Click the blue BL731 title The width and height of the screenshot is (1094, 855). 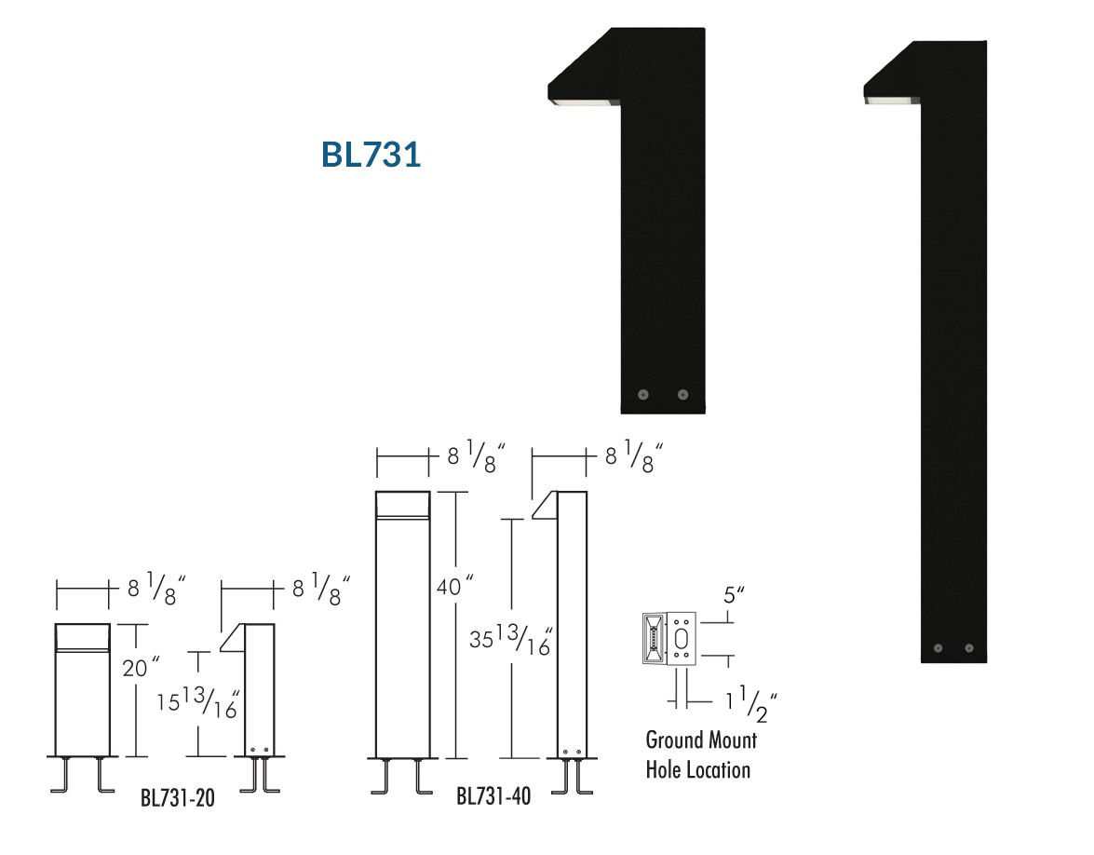(371, 155)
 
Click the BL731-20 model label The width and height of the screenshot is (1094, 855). (177, 797)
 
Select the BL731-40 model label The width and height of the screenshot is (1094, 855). (493, 795)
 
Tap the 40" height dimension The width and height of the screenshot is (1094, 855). (455, 585)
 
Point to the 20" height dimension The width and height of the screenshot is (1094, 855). (141, 667)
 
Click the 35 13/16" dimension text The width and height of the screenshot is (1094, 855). (511, 640)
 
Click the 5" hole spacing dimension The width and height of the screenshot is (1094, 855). (734, 594)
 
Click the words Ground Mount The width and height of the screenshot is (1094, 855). (701, 740)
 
